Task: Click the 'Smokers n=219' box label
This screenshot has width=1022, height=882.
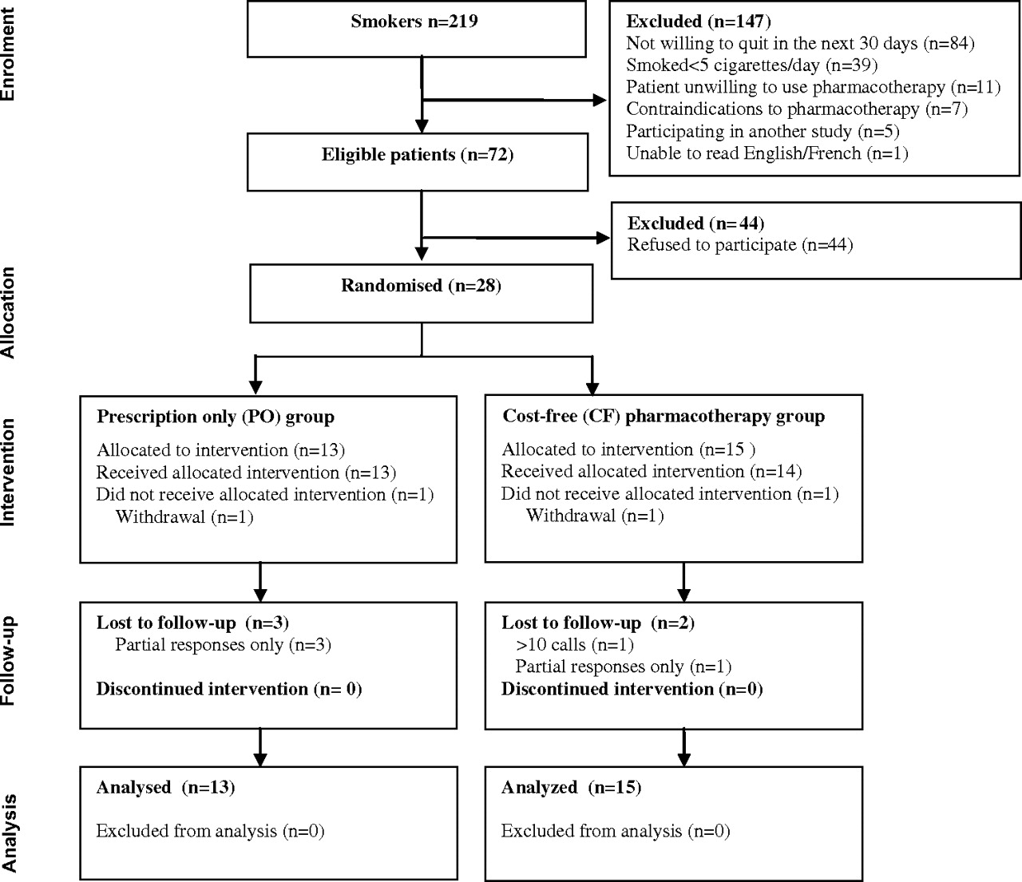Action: point(414,22)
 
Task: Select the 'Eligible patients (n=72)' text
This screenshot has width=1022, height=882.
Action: point(418,155)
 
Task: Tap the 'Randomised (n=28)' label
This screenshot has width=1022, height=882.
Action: point(422,286)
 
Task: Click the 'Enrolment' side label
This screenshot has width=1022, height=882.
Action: point(9,54)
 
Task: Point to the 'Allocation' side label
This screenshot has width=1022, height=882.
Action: point(9,312)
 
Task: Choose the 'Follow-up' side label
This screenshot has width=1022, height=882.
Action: point(9,661)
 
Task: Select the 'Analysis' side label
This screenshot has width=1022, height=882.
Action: point(9,833)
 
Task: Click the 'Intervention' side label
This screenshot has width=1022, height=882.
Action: point(9,473)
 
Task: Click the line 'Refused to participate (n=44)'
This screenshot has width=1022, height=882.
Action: point(740,245)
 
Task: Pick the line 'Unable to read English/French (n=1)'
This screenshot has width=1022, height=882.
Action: point(767,153)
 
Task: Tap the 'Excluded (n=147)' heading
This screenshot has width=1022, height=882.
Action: point(699,22)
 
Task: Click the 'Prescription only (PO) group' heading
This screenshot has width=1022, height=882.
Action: point(215,417)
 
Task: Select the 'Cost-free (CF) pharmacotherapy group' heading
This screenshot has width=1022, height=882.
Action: point(664,417)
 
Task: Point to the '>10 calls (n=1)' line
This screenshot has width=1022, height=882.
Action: point(575,645)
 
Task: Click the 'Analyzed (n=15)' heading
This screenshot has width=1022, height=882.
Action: point(571,787)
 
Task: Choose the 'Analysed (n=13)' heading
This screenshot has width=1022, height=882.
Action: point(165,787)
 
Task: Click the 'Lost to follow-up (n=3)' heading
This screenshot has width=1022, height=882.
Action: point(192,623)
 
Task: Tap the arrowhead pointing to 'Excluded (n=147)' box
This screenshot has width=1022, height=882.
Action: point(600,101)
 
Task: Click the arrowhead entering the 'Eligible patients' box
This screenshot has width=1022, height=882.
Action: point(422,126)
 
